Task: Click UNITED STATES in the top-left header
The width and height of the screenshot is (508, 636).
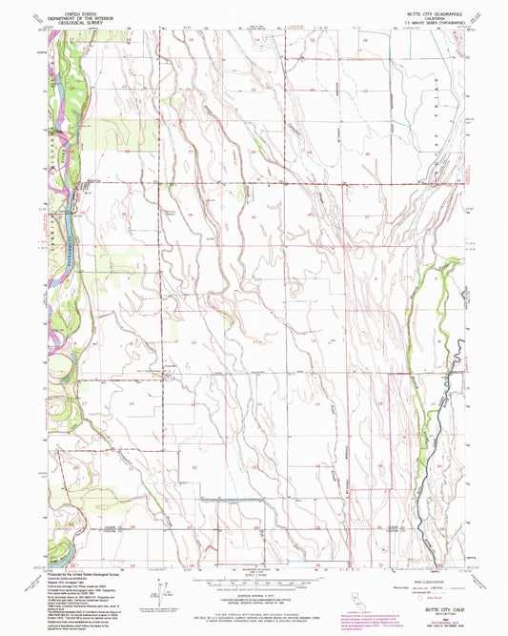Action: [x=80, y=6]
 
